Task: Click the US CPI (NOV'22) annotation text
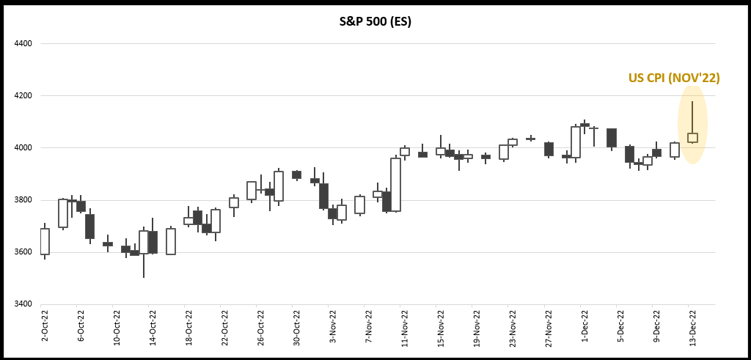pyautogui.click(x=674, y=78)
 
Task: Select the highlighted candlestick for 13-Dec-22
pyautogui.click(x=692, y=137)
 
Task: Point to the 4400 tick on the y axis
pyautogui.click(x=23, y=43)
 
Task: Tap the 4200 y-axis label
pyautogui.click(x=23, y=95)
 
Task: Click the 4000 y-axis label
pyautogui.click(x=23, y=148)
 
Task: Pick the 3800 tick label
pyautogui.click(x=23, y=200)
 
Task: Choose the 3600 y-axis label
pyautogui.click(x=23, y=252)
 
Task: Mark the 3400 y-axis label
pyautogui.click(x=23, y=304)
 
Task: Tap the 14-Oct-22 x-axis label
pyautogui.click(x=153, y=326)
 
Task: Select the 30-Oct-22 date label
pyautogui.click(x=297, y=326)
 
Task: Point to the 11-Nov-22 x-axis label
pyautogui.click(x=405, y=326)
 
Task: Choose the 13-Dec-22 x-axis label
pyautogui.click(x=692, y=326)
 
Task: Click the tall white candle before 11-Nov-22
pyautogui.click(x=395, y=185)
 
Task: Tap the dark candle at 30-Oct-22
pyautogui.click(x=296, y=175)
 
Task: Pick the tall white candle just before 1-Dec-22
pyautogui.click(x=576, y=142)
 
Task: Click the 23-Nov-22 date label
pyautogui.click(x=513, y=326)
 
